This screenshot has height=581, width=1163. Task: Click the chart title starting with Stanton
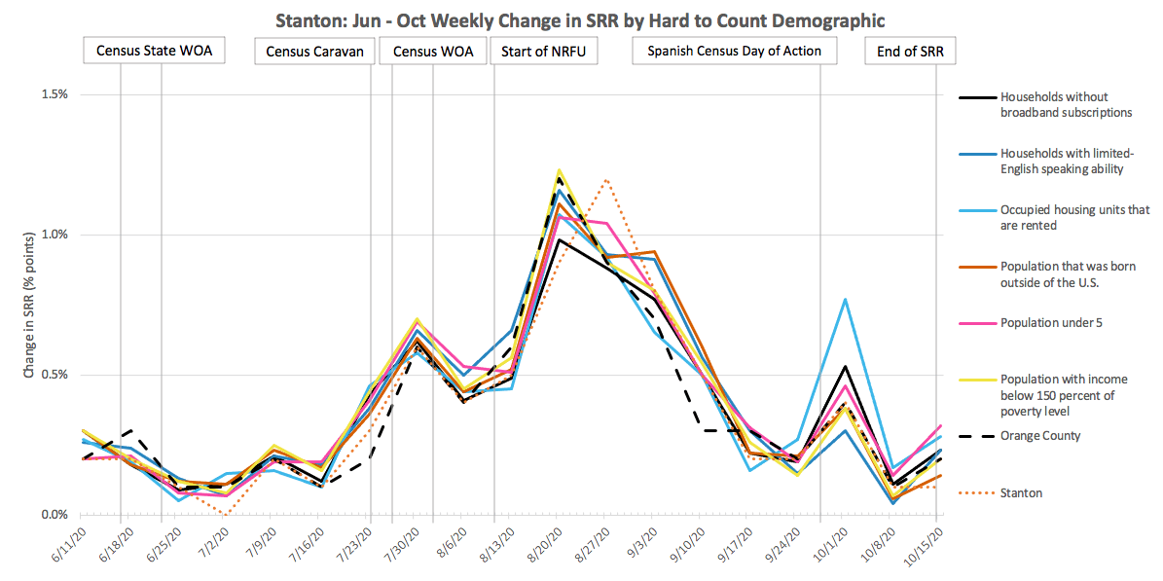(581, 19)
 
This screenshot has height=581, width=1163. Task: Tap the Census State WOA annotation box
(154, 51)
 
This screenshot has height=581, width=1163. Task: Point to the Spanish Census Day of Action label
(735, 51)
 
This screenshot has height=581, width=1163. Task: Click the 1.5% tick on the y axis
(53, 94)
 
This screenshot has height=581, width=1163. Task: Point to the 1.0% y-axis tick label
(53, 235)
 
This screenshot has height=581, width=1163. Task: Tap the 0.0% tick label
(53, 515)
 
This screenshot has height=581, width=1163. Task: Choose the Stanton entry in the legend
(1021, 493)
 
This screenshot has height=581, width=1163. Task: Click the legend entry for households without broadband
(1066, 105)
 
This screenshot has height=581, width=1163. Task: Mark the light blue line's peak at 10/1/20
(846, 299)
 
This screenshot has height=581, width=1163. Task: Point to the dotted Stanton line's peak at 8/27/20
(606, 179)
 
